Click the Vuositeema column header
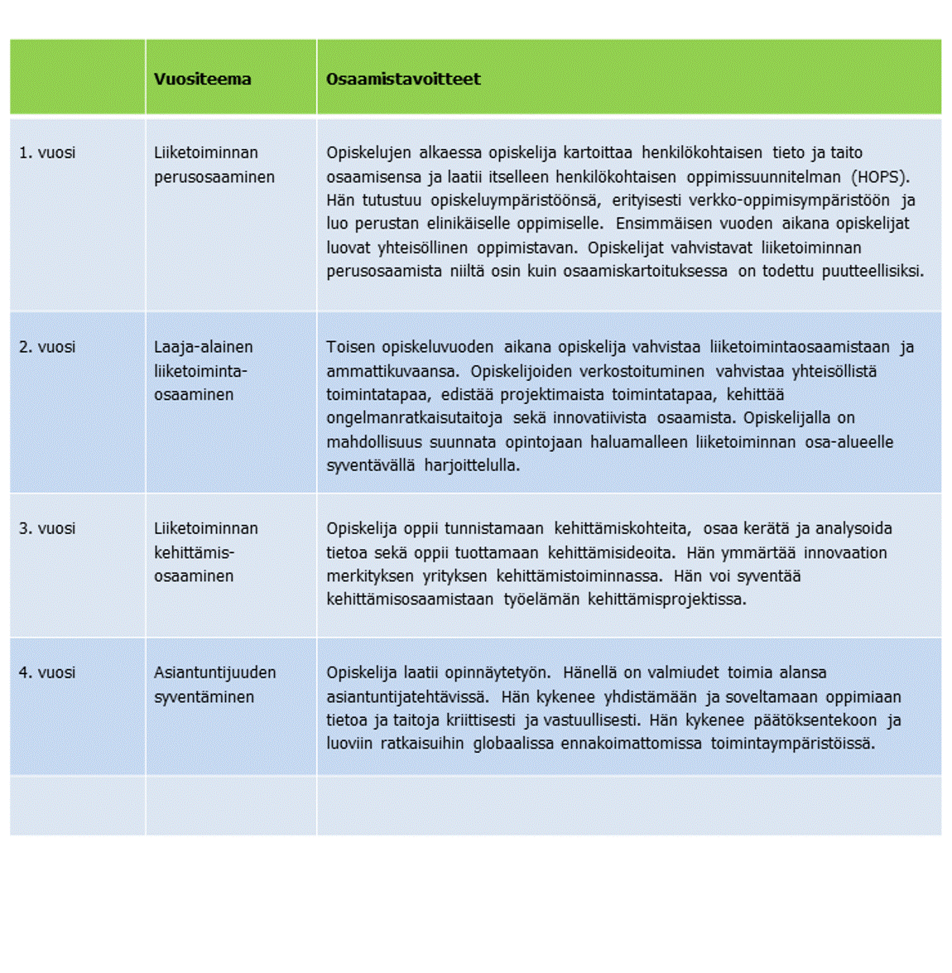(x=202, y=79)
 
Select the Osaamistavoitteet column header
(x=403, y=79)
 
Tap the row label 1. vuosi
(x=47, y=153)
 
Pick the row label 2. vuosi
(x=47, y=348)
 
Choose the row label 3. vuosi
(x=47, y=529)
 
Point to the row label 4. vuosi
(x=47, y=673)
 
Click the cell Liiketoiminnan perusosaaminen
(x=214, y=165)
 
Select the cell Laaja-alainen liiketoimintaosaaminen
(x=203, y=371)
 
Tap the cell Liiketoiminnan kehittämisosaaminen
(x=205, y=552)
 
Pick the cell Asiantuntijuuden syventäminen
(x=214, y=685)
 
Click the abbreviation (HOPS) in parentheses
(x=880, y=177)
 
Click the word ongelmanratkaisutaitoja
(x=414, y=418)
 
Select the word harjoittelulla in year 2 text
(x=472, y=465)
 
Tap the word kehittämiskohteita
(x=623, y=529)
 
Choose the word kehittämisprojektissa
(x=666, y=600)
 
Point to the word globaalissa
(x=513, y=744)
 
